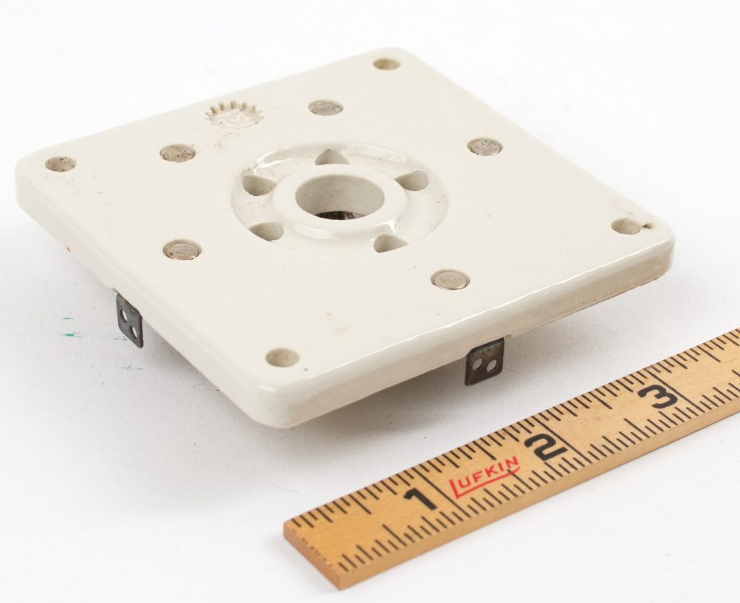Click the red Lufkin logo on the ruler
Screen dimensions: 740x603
pos(484,477)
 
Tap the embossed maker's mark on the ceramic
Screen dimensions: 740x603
pos(234,116)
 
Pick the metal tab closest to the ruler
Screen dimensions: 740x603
pos(483,362)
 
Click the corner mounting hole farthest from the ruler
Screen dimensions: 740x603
pos(387,64)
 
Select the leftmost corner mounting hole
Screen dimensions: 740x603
pos(61,164)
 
